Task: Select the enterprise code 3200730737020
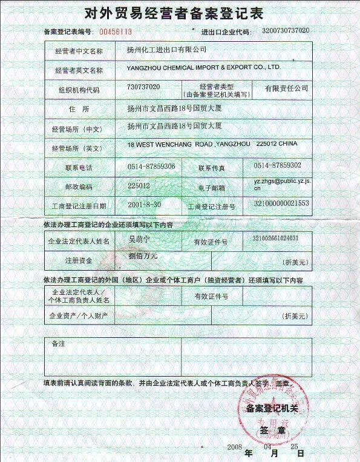286,30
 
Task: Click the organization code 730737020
144,87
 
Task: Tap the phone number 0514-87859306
151,166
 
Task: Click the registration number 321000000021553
281,203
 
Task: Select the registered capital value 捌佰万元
143,256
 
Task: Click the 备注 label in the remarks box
58,344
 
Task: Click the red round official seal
276,411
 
